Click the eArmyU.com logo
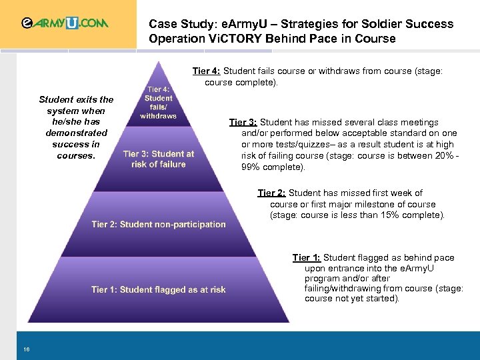[65, 23]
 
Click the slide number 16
[26, 349]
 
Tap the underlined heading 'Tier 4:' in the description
[207, 71]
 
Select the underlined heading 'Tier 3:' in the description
[243, 123]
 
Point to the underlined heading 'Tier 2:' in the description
[272, 193]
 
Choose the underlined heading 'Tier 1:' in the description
[307, 258]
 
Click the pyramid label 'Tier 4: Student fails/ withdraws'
[158, 102]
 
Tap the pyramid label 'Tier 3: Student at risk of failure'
[159, 159]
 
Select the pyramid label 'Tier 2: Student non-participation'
[159, 225]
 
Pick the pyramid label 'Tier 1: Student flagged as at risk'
[159, 290]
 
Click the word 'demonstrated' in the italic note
[77, 133]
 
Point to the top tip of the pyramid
[158, 61]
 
